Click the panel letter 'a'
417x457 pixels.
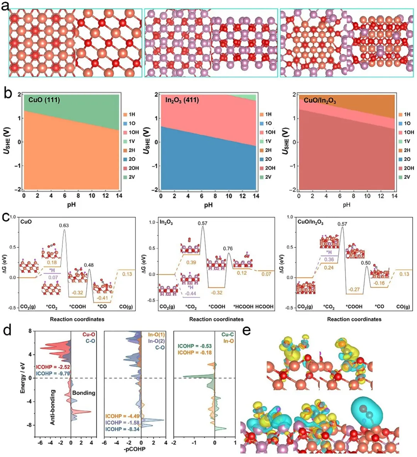pyautogui.click(x=5, y=5)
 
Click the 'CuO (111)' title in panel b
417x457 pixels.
pyautogui.click(x=44, y=100)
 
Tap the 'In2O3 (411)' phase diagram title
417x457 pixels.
pyautogui.click(x=182, y=100)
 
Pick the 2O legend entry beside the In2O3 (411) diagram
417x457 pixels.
pyautogui.click(x=266, y=159)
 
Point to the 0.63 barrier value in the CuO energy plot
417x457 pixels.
pyautogui.click(x=64, y=225)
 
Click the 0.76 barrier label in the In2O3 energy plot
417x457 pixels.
pyautogui.click(x=228, y=249)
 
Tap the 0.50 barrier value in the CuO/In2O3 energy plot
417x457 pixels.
pyautogui.click(x=366, y=263)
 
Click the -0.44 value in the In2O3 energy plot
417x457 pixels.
pyautogui.click(x=191, y=293)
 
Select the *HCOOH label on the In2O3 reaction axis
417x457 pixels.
pyautogui.click(x=243, y=307)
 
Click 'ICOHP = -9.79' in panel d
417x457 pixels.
pyautogui.click(x=53, y=374)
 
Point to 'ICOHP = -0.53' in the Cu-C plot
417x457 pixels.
pyautogui.click(x=195, y=346)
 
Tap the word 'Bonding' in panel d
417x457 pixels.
pyautogui.click(x=84, y=393)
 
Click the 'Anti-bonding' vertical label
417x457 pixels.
pyautogui.click(x=53, y=407)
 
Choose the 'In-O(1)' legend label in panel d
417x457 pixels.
pyautogui.click(x=156, y=335)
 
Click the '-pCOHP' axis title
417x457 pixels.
pyautogui.click(x=134, y=449)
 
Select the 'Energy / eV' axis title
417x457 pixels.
pyautogui.click(x=23, y=378)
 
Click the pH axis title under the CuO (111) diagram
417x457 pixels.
pyautogui.click(x=71, y=205)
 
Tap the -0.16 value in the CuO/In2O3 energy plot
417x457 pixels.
pyautogui.click(x=379, y=283)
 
